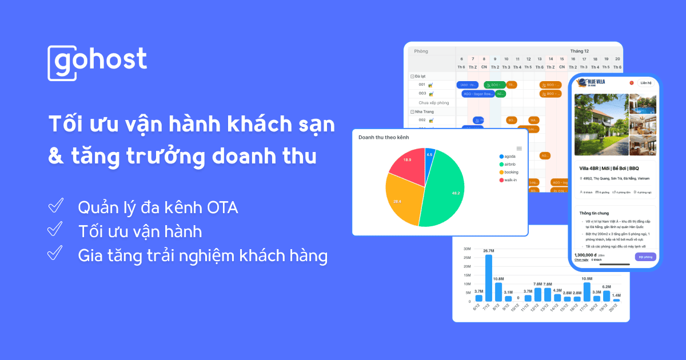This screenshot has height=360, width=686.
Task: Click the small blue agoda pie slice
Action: click(429, 155)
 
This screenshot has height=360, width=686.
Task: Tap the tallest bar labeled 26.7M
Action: click(489, 278)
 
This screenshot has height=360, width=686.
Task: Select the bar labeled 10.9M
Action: click(587, 291)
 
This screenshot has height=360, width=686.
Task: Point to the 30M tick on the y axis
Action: click(466, 249)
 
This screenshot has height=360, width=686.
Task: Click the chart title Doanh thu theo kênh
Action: click(384, 138)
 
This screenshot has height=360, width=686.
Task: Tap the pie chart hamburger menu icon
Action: click(519, 148)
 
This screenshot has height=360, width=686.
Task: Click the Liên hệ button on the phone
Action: click(646, 83)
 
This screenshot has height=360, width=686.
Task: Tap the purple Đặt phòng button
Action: click(645, 257)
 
